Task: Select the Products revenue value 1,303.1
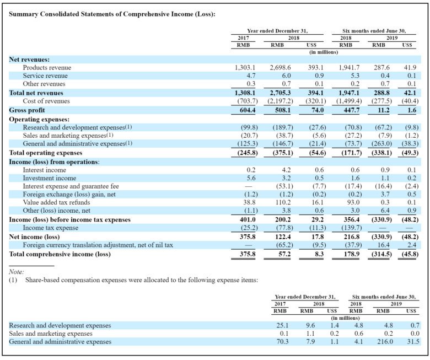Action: click(244, 67)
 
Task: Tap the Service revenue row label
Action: click(45, 76)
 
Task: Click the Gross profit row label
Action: click(27, 110)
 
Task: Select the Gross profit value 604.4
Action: click(246, 110)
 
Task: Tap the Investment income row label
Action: click(50, 178)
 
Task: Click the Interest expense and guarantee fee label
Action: click(71, 186)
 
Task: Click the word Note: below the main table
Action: click(17, 272)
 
